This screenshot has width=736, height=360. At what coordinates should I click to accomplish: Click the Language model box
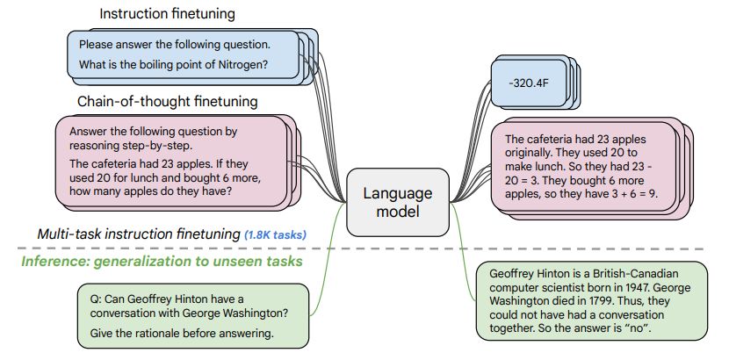click(x=398, y=202)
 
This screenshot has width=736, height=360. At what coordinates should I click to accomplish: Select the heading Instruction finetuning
click(x=167, y=14)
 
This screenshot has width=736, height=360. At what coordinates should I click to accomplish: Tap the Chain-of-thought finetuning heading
click(x=168, y=101)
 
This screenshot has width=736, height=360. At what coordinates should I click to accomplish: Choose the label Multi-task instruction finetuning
click(x=139, y=234)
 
